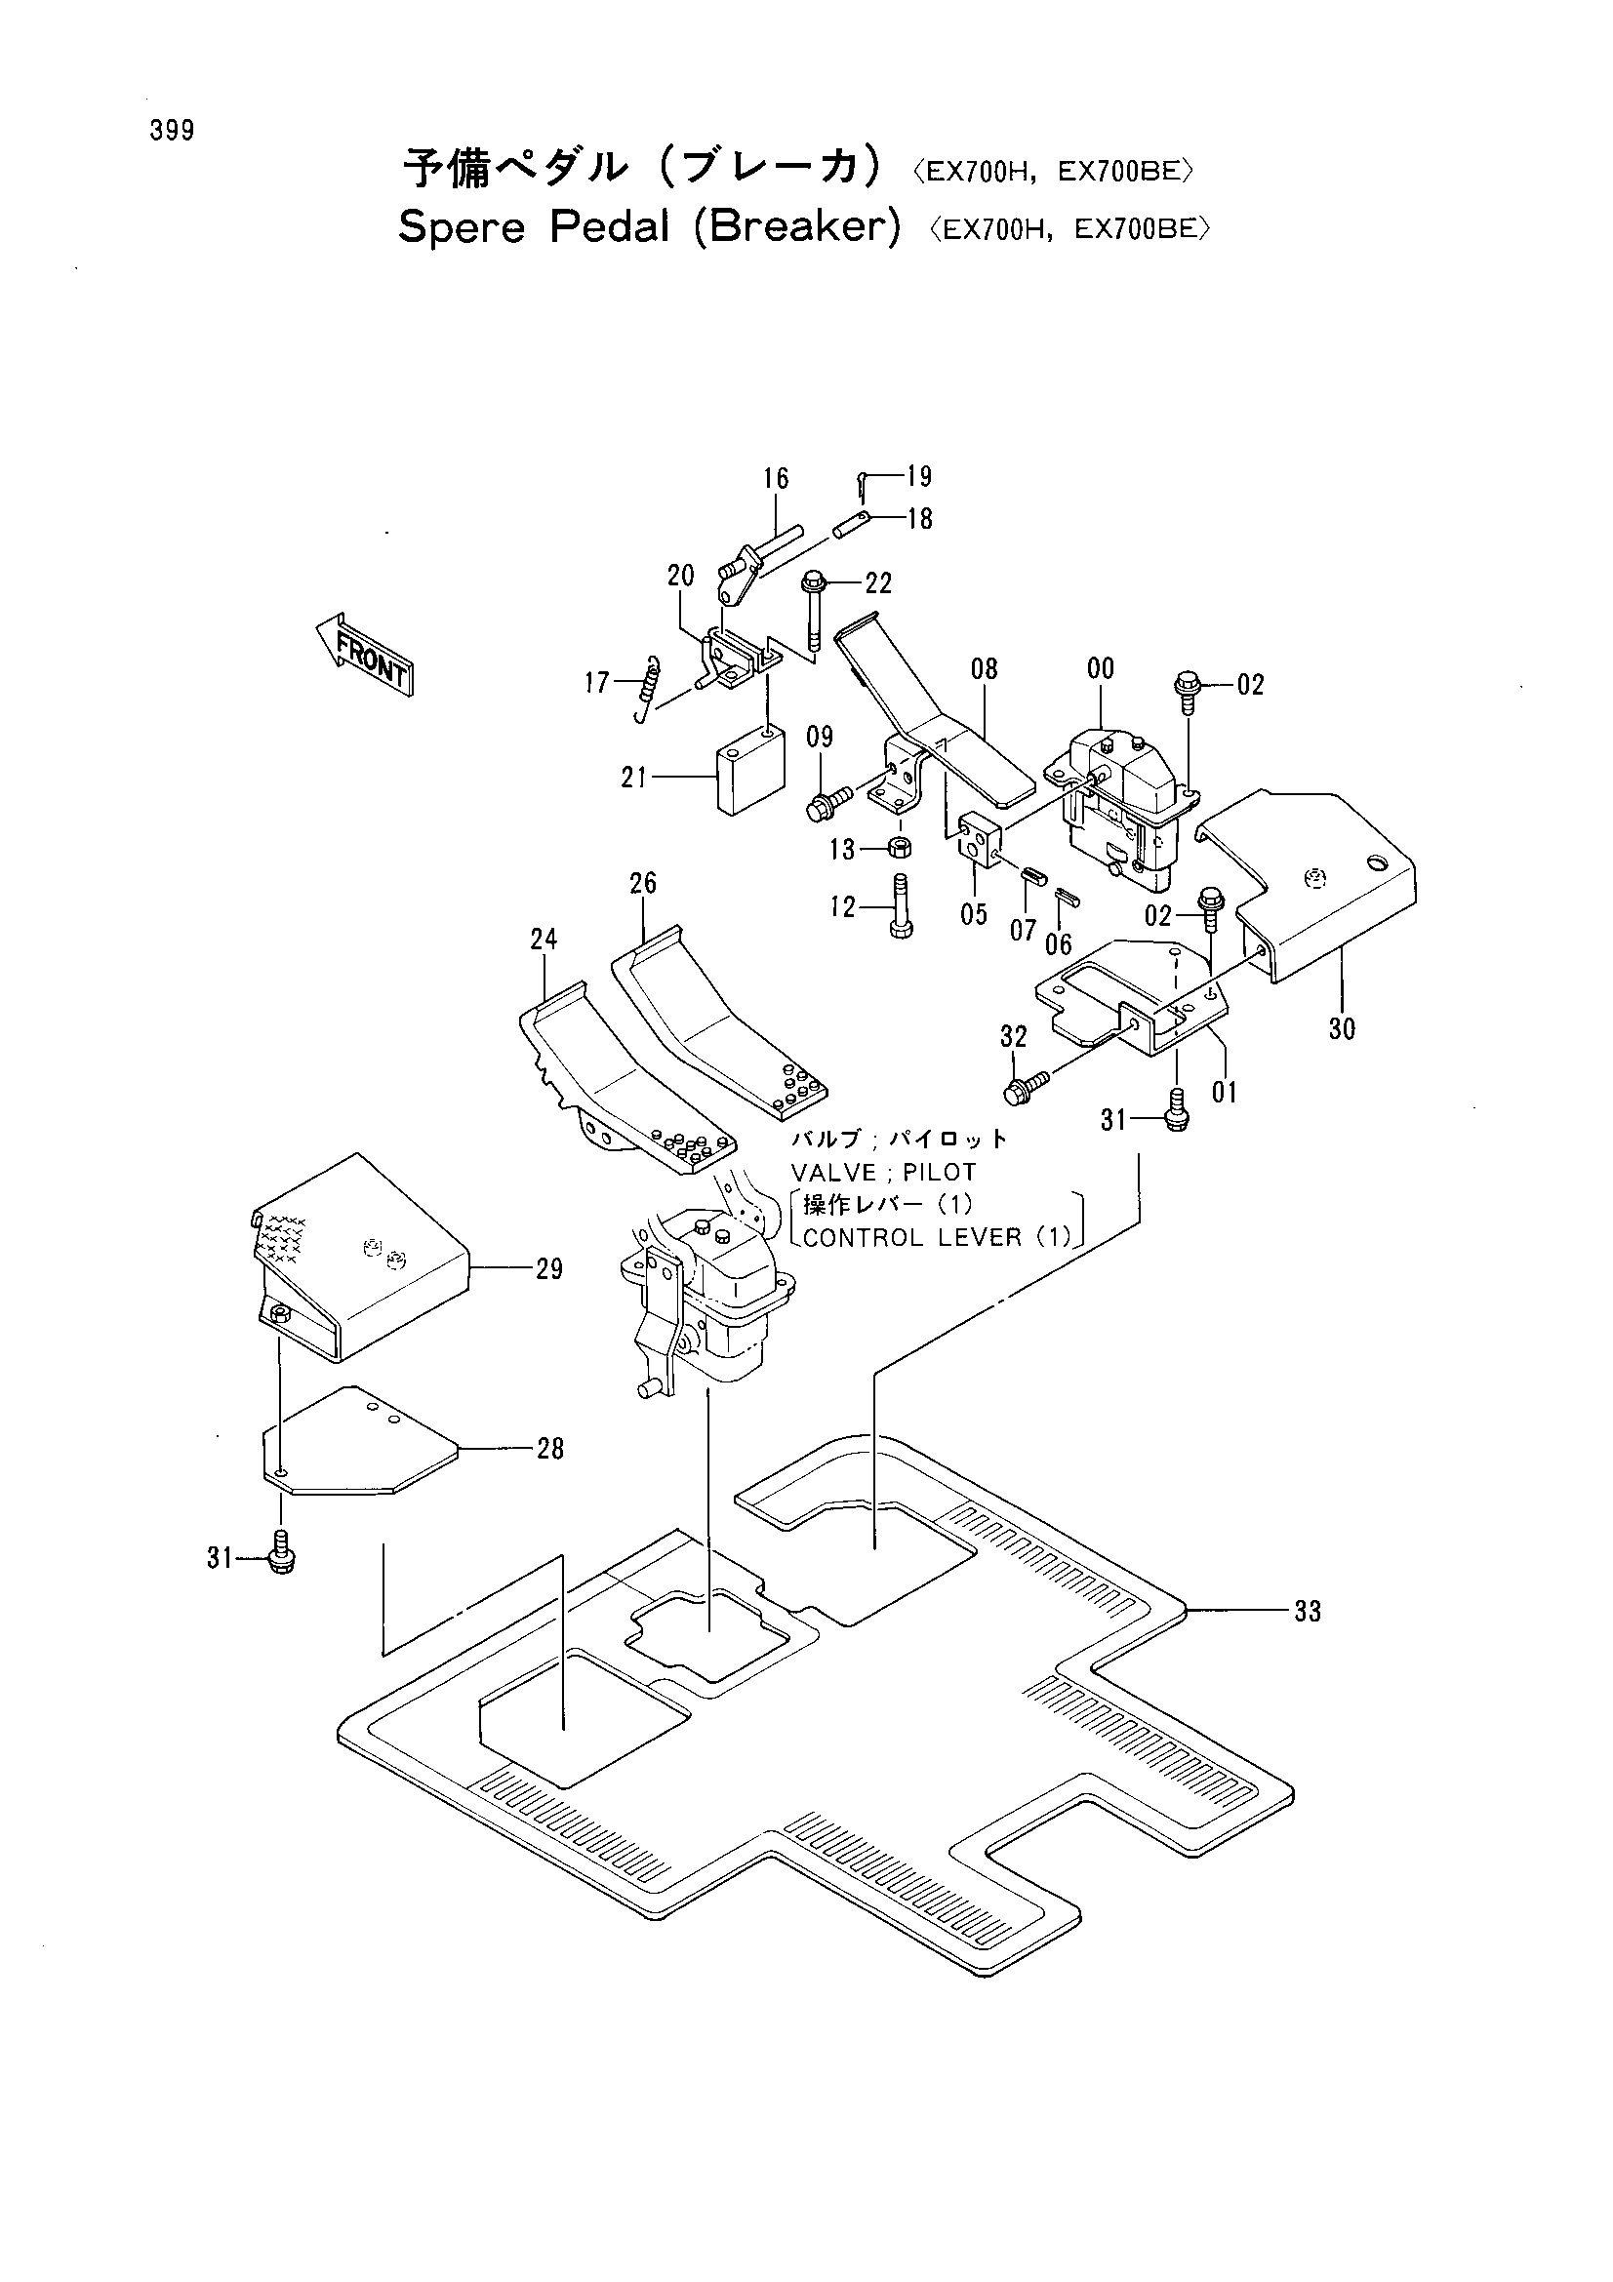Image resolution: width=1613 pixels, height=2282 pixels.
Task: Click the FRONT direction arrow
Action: click(364, 654)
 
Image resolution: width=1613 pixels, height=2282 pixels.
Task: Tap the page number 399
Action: click(172, 130)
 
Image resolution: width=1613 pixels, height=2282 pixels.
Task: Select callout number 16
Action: click(776, 479)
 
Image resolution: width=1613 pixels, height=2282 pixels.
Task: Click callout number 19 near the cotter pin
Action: click(919, 477)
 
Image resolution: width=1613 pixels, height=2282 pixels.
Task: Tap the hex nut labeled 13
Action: click(901, 848)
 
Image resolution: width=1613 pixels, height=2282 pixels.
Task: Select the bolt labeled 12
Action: click(902, 905)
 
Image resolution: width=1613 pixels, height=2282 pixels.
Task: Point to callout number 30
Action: click(1342, 1028)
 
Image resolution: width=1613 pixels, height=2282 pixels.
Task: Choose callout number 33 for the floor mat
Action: click(1308, 1611)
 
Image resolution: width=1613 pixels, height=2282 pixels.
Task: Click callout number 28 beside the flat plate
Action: click(550, 1449)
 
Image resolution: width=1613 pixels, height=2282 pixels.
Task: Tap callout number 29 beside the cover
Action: click(549, 1269)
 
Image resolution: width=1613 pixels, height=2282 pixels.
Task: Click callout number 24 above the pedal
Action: click(544, 939)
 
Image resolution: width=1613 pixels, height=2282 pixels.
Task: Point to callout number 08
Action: click(984, 668)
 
